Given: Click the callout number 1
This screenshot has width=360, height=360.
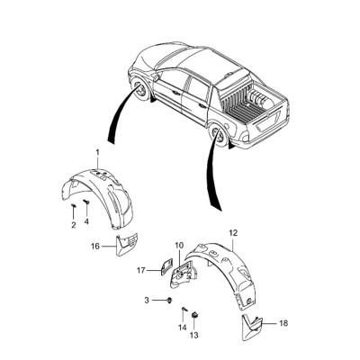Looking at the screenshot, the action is (x=97, y=153).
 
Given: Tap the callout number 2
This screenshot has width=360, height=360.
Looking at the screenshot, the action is (x=74, y=225).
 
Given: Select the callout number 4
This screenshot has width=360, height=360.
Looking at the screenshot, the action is (x=86, y=221).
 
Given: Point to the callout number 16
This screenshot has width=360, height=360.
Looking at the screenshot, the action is (x=95, y=247).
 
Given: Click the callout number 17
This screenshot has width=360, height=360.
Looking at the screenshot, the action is (x=141, y=271).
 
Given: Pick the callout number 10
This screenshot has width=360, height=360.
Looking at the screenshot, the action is (x=179, y=246).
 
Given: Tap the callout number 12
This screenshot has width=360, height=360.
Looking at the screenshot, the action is (x=233, y=232).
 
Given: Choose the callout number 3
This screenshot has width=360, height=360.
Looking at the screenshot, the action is (x=147, y=300).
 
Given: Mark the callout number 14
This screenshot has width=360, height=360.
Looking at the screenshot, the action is (x=183, y=328).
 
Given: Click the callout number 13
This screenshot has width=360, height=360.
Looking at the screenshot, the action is (x=194, y=335).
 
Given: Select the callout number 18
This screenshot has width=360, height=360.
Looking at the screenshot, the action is (x=283, y=323).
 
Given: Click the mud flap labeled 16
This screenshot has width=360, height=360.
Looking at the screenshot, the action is (x=126, y=244).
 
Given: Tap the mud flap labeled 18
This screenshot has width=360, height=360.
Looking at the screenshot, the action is (x=251, y=327).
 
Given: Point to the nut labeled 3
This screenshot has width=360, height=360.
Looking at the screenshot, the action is (x=170, y=300).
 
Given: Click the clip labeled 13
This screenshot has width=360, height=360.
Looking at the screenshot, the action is (x=194, y=315).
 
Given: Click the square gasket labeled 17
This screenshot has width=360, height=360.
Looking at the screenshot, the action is (x=166, y=266).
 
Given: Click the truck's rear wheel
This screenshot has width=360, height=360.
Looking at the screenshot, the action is (x=219, y=135).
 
